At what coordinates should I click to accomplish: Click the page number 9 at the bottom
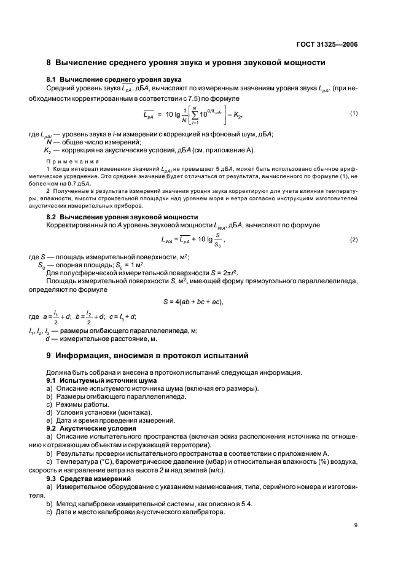(x=356, y=525)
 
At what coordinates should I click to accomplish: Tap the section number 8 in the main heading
(x=49, y=63)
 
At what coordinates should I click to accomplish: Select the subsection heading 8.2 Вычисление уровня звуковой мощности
(x=122, y=217)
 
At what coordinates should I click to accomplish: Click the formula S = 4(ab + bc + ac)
(x=192, y=301)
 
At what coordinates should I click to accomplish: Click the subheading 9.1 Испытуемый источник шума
(x=93, y=380)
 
